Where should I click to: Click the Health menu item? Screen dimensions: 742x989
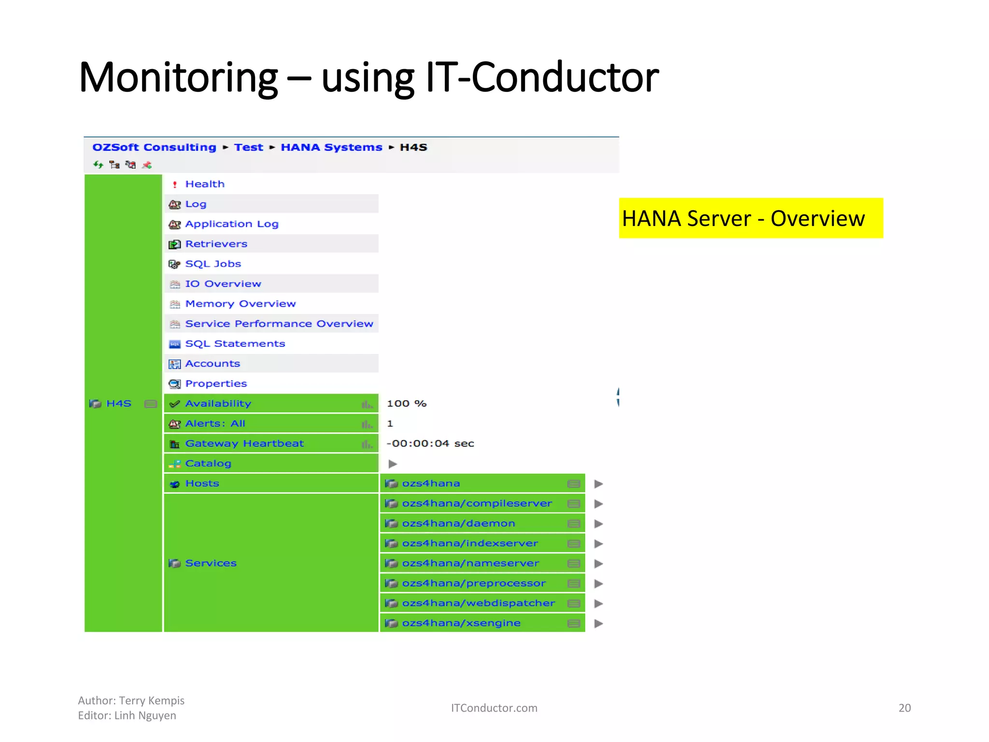(205, 184)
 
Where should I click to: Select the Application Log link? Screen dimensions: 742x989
(232, 224)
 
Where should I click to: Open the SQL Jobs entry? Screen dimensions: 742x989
(213, 264)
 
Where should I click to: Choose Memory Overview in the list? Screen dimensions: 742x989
(240, 304)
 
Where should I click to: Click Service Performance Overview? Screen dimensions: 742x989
(279, 324)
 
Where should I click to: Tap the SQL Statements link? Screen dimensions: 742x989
(235, 343)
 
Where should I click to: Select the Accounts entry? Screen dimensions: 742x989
(212, 364)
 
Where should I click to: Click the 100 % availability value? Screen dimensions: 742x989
(407, 403)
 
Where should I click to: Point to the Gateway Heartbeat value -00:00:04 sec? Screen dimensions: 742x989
(430, 443)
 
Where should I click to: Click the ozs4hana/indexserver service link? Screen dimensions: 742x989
(470, 543)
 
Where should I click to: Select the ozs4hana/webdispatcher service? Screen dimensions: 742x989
(478, 603)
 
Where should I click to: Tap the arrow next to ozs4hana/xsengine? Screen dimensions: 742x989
(598, 624)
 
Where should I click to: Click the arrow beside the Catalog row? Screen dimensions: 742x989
(393, 464)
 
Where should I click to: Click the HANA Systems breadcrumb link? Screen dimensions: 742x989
(331, 147)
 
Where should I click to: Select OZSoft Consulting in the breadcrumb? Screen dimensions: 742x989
(154, 147)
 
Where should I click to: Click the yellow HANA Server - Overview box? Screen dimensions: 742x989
(750, 218)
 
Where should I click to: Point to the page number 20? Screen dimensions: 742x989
(904, 708)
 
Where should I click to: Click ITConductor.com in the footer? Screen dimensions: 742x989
(494, 708)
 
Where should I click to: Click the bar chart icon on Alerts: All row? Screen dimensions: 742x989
(367, 424)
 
